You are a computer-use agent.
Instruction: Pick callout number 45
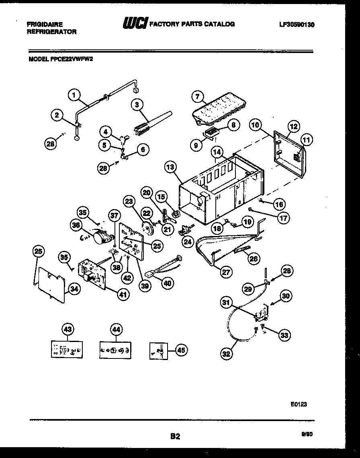[181, 350]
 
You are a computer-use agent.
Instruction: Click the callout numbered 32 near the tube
[226, 353]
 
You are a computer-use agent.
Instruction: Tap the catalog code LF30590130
[297, 24]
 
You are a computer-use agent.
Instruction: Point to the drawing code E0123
[299, 405]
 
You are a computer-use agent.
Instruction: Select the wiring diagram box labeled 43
[67, 350]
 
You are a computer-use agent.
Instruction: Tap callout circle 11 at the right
[307, 140]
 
